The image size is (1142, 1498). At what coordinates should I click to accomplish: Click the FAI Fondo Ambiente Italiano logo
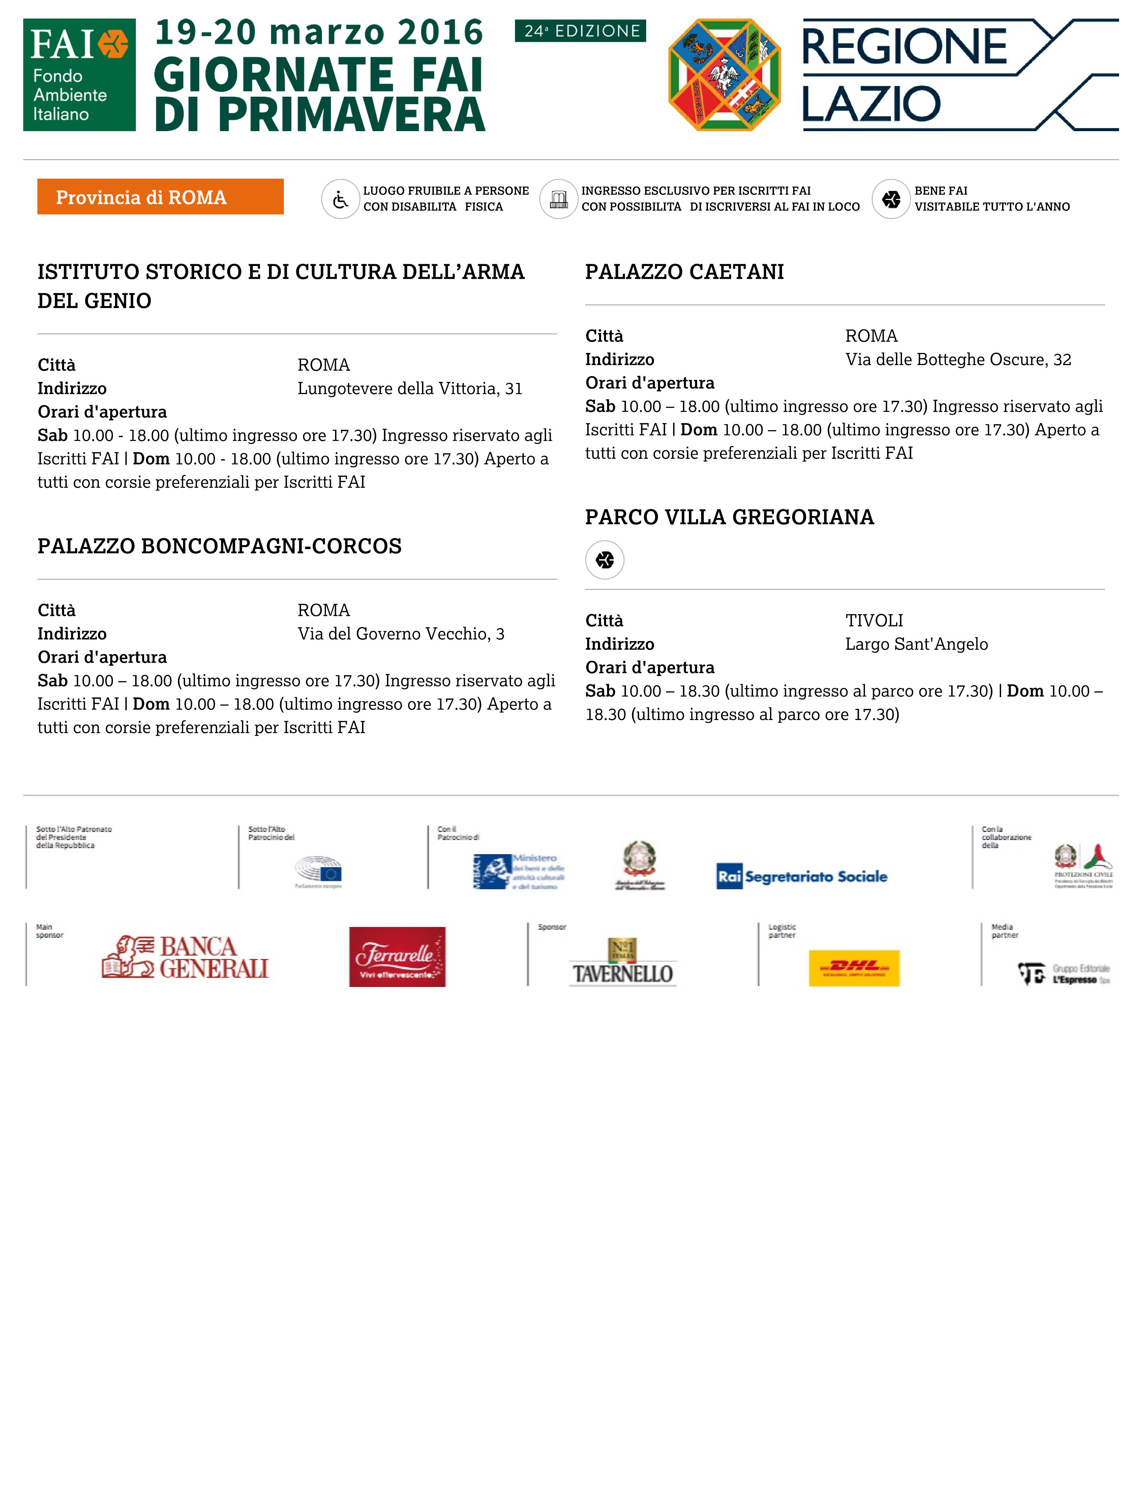80,75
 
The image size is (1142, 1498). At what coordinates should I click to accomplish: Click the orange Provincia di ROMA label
160,197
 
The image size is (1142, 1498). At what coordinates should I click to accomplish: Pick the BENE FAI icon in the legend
891,199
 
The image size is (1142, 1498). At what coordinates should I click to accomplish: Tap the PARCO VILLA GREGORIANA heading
729,517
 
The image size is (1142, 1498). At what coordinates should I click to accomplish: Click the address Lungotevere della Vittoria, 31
410,389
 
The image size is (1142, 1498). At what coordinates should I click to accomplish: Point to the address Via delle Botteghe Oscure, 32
958,360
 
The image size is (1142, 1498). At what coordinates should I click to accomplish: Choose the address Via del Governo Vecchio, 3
401,634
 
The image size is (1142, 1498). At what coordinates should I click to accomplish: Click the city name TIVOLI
874,621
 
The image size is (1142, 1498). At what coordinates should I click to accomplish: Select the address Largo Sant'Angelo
916,644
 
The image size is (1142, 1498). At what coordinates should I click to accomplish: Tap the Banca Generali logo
186,957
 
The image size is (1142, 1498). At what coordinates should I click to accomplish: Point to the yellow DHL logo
854,968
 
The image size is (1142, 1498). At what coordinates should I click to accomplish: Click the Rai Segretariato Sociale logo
802,877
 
